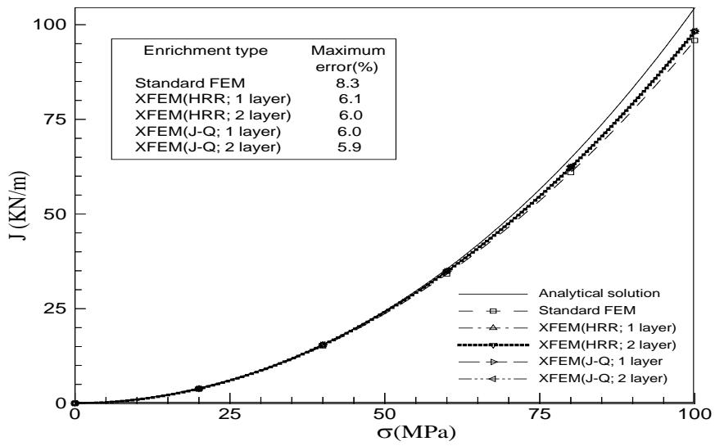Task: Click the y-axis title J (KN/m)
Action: tap(18, 217)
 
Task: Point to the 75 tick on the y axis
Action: tap(55, 119)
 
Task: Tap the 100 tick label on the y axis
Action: tap(51, 25)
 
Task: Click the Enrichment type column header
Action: tap(206, 51)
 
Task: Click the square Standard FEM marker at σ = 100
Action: tap(695, 39)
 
